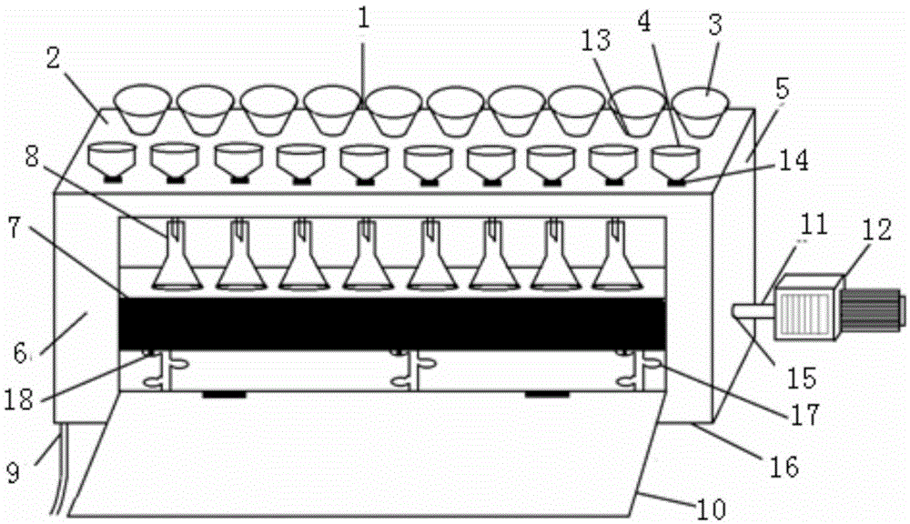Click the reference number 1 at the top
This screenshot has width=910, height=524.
pyautogui.click(x=363, y=21)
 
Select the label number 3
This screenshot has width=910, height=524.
pyautogui.click(x=715, y=25)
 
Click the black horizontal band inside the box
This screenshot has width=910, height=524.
pyautogui.click(x=391, y=322)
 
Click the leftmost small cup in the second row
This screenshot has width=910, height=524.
pyautogui.click(x=112, y=160)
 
